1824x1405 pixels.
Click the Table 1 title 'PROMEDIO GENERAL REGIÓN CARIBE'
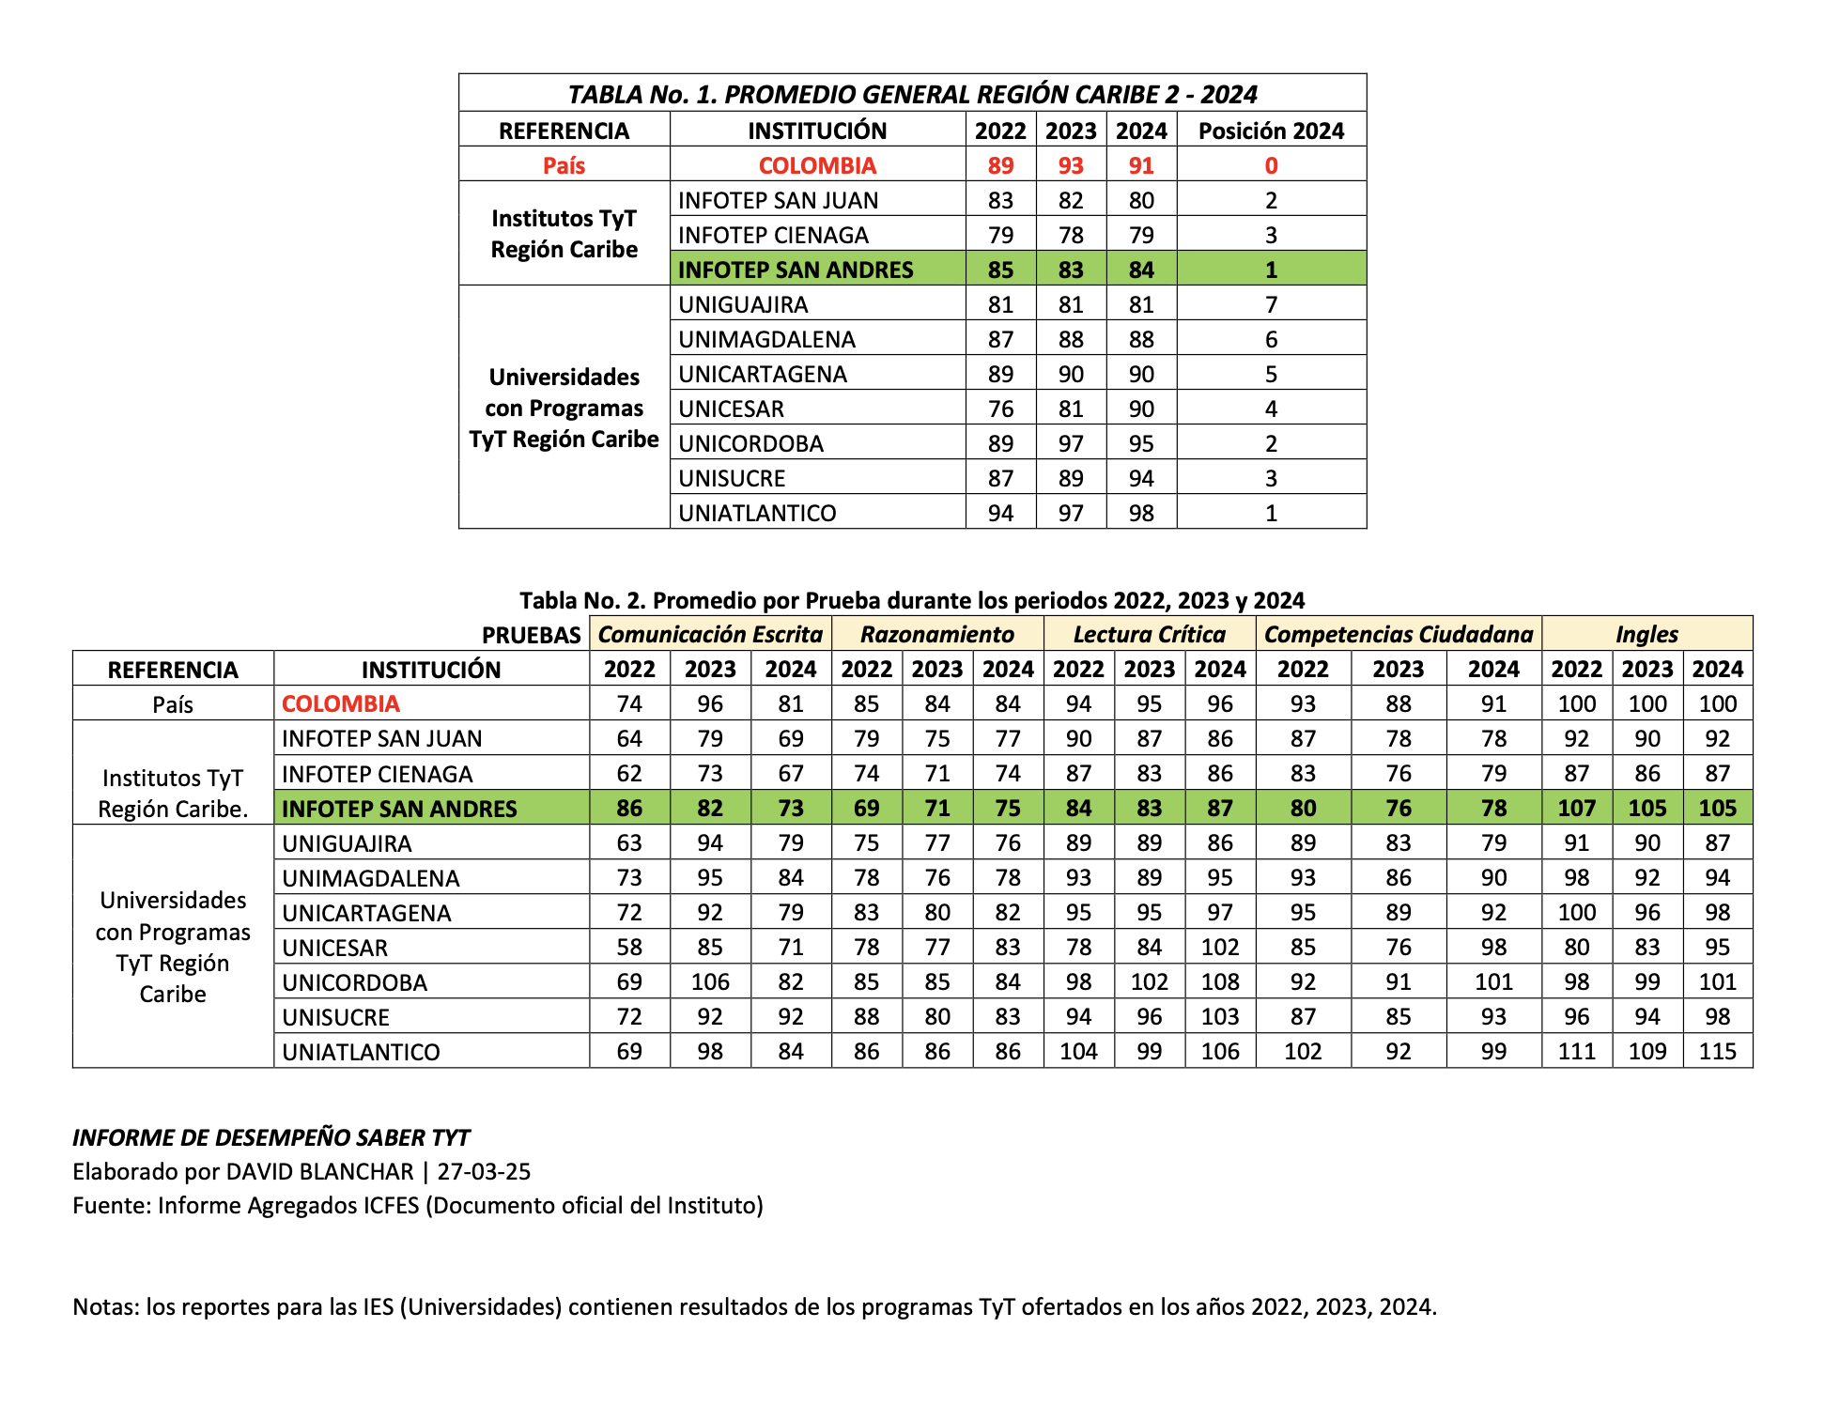(x=912, y=95)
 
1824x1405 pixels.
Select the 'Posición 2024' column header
(x=1271, y=131)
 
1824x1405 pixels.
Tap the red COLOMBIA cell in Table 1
(x=817, y=165)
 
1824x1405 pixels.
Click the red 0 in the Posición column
(x=1271, y=165)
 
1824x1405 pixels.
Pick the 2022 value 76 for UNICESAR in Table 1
(x=1000, y=409)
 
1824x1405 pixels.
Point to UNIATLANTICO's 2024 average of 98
(x=1141, y=513)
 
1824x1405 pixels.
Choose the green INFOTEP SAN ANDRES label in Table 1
(x=796, y=270)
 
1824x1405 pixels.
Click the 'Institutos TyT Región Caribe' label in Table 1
(x=564, y=234)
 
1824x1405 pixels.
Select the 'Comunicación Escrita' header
(x=710, y=634)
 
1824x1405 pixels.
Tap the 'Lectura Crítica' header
(x=1149, y=634)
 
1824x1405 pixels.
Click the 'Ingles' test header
(x=1646, y=634)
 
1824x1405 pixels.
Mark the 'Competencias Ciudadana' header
(x=1399, y=634)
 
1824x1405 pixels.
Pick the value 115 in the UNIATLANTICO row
(x=1717, y=1051)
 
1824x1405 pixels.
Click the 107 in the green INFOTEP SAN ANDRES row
(x=1576, y=808)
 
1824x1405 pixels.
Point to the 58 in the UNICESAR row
(x=629, y=947)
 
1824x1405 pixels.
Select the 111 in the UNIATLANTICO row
(x=1576, y=1051)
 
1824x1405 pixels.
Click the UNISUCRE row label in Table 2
(x=335, y=1017)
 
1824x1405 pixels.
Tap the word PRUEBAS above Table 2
(x=532, y=635)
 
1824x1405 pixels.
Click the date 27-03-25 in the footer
(x=484, y=1171)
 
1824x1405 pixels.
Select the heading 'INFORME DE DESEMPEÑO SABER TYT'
(x=271, y=1137)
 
